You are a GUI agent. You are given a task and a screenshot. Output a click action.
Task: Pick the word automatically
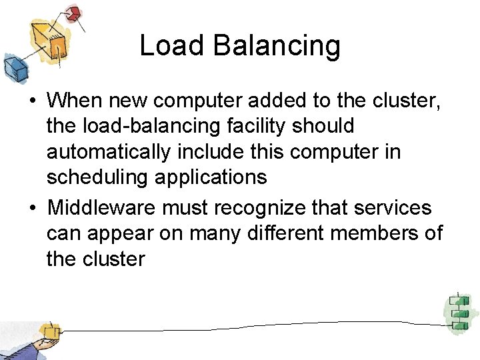108,153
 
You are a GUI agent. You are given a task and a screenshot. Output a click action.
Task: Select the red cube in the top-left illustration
75,13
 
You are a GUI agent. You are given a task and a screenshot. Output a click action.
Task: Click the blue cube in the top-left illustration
13,66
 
